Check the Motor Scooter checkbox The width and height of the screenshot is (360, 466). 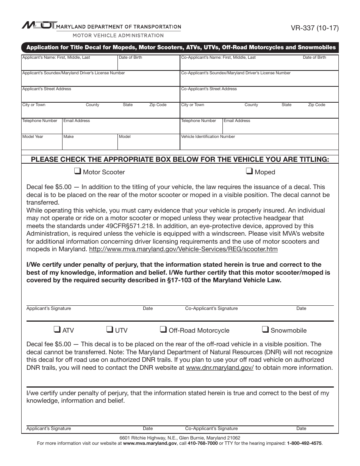coord(78,171)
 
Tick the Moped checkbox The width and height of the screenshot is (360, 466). coord(250,171)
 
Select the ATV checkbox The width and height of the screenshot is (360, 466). coord(57,330)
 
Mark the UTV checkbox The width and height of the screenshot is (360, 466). coord(110,330)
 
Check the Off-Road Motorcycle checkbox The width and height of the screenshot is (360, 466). coord(163,330)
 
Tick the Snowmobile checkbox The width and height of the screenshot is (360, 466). coord(266,330)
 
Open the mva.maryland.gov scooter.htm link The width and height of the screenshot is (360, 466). coord(183,249)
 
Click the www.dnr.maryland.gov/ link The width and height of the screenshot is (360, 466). coord(220,368)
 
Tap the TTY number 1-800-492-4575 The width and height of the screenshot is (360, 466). coord(304,443)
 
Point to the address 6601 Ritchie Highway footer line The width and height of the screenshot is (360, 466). coord(180,438)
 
